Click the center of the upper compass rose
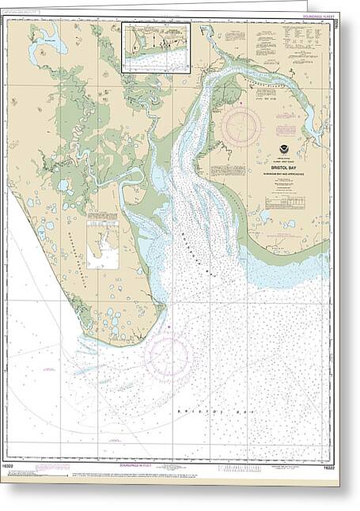241,125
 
